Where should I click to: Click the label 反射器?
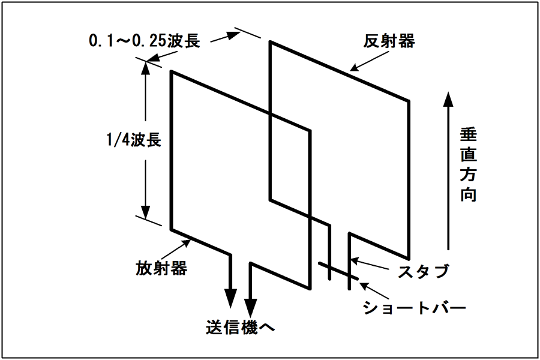click(x=389, y=41)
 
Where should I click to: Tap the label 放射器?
click(x=161, y=268)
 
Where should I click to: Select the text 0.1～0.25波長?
click(x=145, y=41)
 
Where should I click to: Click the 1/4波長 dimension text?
click(x=134, y=140)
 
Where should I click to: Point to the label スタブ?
click(x=423, y=271)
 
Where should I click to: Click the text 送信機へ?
click(x=241, y=327)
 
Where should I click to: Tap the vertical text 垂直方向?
click(x=469, y=164)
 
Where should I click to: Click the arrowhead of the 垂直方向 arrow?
click(x=448, y=100)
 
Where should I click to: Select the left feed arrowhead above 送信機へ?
click(x=230, y=299)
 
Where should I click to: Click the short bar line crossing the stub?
click(x=338, y=271)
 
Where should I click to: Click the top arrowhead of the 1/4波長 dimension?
click(x=146, y=69)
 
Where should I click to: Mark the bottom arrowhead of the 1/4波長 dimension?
click(x=146, y=212)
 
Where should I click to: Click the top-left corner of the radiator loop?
click(x=171, y=71)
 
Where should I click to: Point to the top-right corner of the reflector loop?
click(x=409, y=101)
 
